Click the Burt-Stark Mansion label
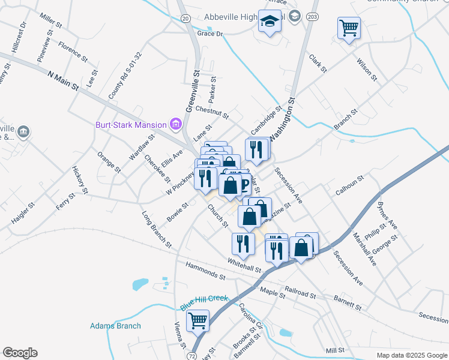pyautogui.click(x=131, y=125)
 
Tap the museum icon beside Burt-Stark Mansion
pyautogui.click(x=176, y=125)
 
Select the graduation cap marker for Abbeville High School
pyautogui.click(x=270, y=22)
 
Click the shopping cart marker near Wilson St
pyautogui.click(x=349, y=28)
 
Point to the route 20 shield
pyautogui.click(x=185, y=19)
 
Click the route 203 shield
pyautogui.click(x=312, y=17)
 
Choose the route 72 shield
pyautogui.click(x=191, y=356)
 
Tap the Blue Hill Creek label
pyautogui.click(x=205, y=302)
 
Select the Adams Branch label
pyautogui.click(x=115, y=326)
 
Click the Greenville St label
pyautogui.click(x=192, y=91)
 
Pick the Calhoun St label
pyautogui.click(x=350, y=184)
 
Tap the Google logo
pyautogui.click(x=20, y=353)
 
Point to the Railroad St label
pyautogui.click(x=300, y=292)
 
